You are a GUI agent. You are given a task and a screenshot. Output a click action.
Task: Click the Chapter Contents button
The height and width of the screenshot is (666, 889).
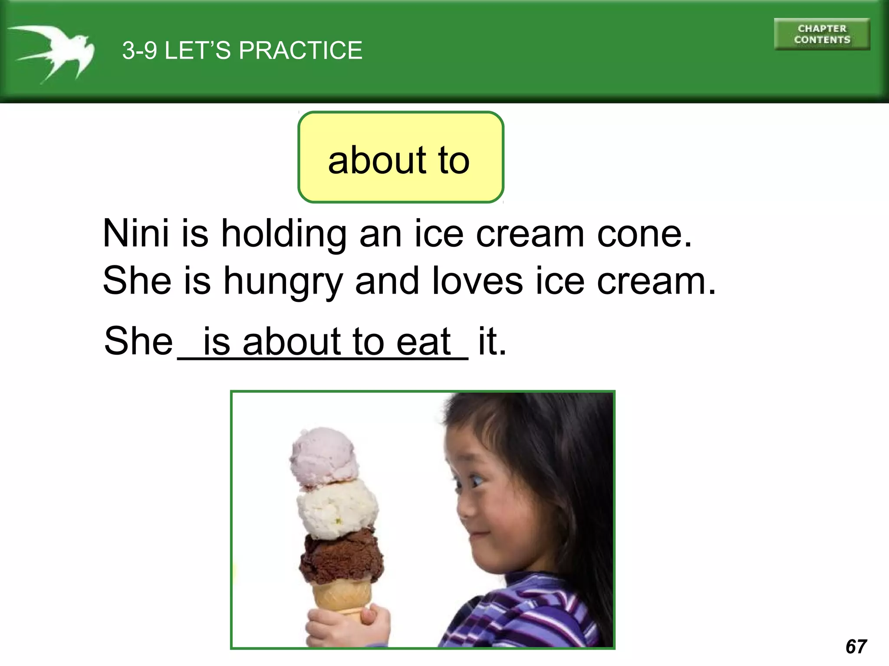pyautogui.click(x=822, y=34)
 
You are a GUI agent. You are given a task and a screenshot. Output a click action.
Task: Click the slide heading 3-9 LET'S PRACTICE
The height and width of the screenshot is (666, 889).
pyautogui.click(x=242, y=50)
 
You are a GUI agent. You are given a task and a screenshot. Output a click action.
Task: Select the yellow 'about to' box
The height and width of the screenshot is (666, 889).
pyautogui.click(x=400, y=157)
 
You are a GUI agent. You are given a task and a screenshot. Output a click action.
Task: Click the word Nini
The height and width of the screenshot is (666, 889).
pyautogui.click(x=135, y=234)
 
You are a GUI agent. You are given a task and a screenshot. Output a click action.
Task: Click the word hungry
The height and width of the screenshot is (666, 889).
pyautogui.click(x=283, y=282)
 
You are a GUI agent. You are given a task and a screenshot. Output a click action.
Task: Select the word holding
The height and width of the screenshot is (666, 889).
pyautogui.click(x=284, y=235)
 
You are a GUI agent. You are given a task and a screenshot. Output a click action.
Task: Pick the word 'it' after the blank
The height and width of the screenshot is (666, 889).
pyautogui.click(x=492, y=341)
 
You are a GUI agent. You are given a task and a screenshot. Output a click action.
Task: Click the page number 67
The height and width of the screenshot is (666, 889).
pyautogui.click(x=856, y=646)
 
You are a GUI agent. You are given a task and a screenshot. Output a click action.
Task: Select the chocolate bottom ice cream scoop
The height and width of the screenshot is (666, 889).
pyautogui.click(x=342, y=556)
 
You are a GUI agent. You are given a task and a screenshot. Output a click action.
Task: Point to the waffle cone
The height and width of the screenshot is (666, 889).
pyautogui.click(x=342, y=596)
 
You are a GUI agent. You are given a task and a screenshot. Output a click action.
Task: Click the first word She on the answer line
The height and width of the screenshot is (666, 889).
pyautogui.click(x=138, y=341)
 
